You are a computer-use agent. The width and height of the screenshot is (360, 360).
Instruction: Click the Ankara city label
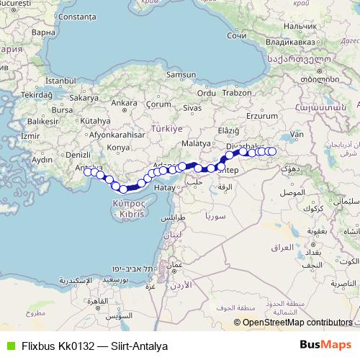pyautogui.click(x=124, y=103)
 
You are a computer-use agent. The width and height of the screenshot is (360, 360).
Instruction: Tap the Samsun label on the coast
pyautogui.click(x=176, y=74)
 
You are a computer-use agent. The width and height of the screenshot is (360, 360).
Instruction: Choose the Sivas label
pyautogui.click(x=191, y=107)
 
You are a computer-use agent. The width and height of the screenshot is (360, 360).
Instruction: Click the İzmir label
pyautogui.click(x=32, y=135)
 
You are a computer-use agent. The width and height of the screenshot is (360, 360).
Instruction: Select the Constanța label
pyautogui.click(x=74, y=15)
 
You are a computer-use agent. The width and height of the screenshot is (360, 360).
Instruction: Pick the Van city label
pyautogui.click(x=297, y=134)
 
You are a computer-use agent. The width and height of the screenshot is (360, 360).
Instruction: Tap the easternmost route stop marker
pyautogui.click(x=272, y=151)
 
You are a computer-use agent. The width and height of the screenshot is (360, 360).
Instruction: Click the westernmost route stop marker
pyautogui.click(x=88, y=171)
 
